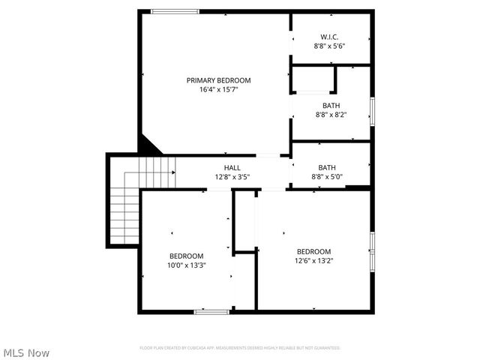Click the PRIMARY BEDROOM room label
click(218, 80)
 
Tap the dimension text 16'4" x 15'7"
click(218, 89)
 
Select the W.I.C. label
click(329, 37)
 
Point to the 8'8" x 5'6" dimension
click(329, 46)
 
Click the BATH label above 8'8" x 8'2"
click(330, 106)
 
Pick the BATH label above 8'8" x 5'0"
click(327, 167)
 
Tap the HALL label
click(232, 167)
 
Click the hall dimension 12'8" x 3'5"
click(232, 177)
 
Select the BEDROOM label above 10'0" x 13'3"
click(186, 256)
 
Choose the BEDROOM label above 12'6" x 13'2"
click(313, 251)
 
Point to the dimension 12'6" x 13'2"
click(313, 261)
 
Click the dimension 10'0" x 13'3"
click(186, 265)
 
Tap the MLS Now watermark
click(26, 352)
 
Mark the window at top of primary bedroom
click(175, 11)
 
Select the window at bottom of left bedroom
click(211, 311)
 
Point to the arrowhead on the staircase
click(174, 172)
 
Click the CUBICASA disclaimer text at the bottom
click(240, 348)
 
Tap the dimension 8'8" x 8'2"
click(330, 115)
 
